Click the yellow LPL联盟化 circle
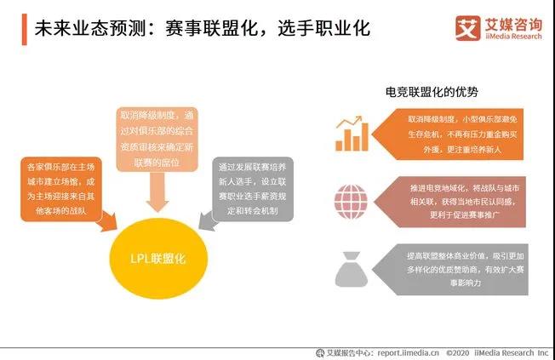click(x=158, y=259)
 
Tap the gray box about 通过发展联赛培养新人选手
click(x=252, y=189)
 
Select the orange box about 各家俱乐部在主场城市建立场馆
click(x=61, y=189)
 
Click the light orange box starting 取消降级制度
click(x=157, y=139)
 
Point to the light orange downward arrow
click(x=157, y=191)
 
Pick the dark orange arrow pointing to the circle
click(x=108, y=221)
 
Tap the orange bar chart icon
click(x=352, y=134)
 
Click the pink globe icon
click(x=351, y=202)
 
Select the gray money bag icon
click(x=351, y=269)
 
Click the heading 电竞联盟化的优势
click(x=432, y=92)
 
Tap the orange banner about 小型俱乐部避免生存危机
click(x=448, y=134)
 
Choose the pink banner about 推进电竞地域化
click(x=449, y=202)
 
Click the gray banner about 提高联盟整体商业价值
click(x=450, y=270)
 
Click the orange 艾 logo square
click(x=467, y=28)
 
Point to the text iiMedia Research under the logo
click(x=513, y=36)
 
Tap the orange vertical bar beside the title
click(x=24, y=30)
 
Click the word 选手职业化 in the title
click(x=323, y=28)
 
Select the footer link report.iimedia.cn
click(x=408, y=353)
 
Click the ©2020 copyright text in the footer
click(x=457, y=353)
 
